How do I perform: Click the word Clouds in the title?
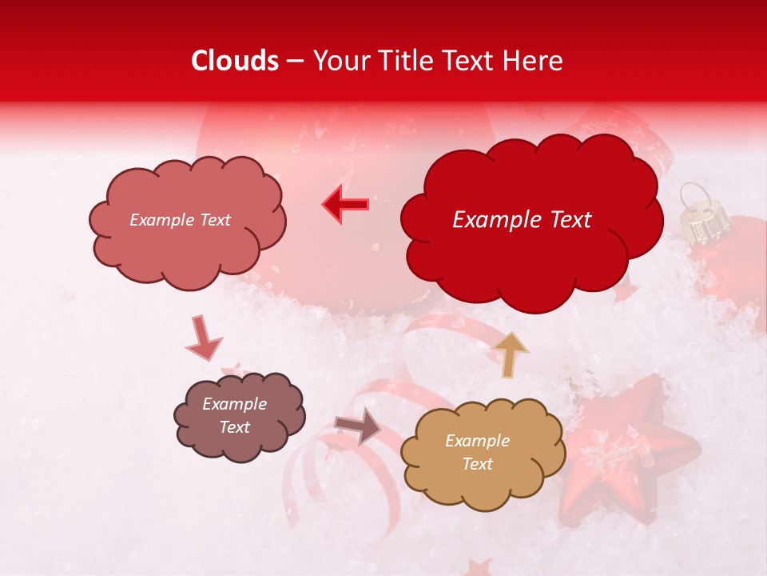click(x=235, y=61)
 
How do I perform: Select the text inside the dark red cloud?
click(x=522, y=220)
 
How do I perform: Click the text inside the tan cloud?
click(x=477, y=452)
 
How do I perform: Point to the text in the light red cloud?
click(x=180, y=220)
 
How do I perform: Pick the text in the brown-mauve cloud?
click(x=234, y=416)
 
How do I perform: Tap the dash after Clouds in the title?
click(x=294, y=62)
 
